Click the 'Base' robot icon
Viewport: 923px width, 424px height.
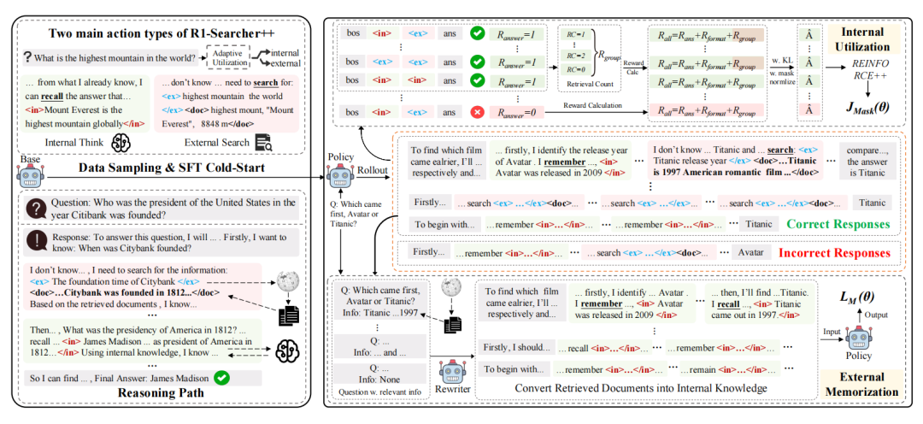pos(30,177)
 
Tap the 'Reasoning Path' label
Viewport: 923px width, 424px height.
pos(161,393)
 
